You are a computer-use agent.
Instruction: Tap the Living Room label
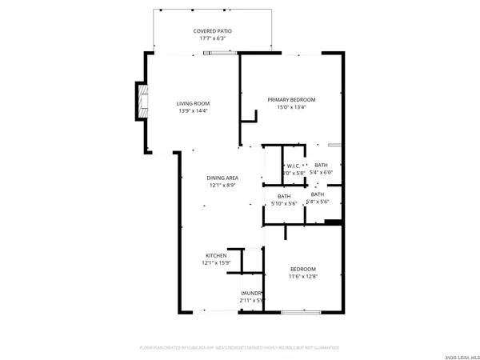click(193, 103)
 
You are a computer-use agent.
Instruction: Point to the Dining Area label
click(224, 178)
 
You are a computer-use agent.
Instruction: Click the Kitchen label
click(216, 255)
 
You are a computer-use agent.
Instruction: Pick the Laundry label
click(253, 293)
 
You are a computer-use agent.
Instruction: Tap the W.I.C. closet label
click(294, 166)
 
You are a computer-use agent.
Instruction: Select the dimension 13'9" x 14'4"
click(193, 110)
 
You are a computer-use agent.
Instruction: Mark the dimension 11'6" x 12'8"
click(303, 276)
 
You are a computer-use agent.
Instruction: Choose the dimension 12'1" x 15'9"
click(216, 262)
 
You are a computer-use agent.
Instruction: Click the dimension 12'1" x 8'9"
click(224, 185)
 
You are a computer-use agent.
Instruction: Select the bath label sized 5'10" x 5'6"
click(284, 196)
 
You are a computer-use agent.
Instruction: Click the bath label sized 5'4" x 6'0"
click(321, 165)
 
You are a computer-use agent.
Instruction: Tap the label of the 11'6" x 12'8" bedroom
click(303, 269)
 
